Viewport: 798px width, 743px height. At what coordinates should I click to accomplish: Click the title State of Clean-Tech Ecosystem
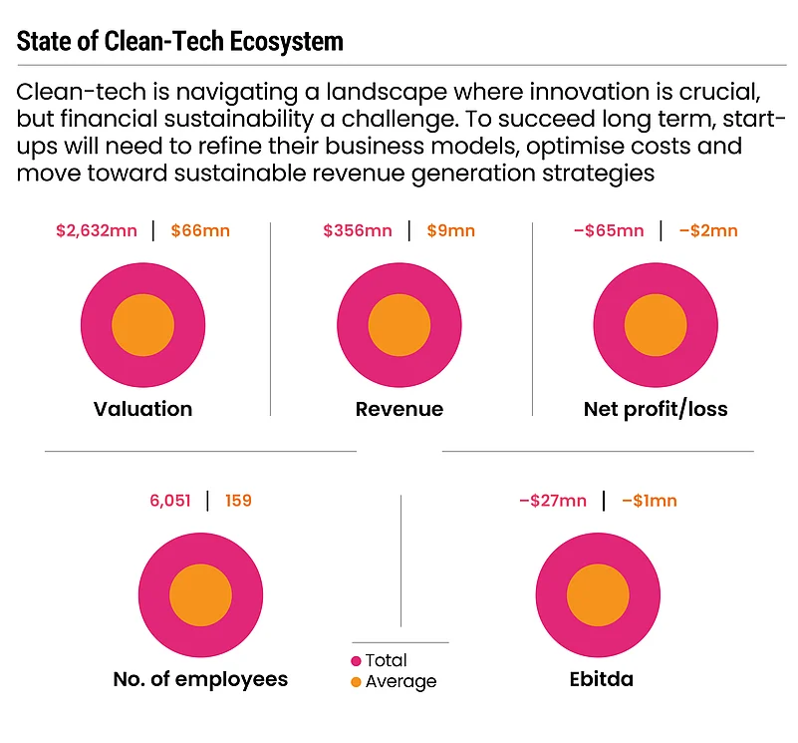click(180, 42)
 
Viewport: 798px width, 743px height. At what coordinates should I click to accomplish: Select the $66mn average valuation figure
click(200, 231)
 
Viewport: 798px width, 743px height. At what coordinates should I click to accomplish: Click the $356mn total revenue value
click(358, 231)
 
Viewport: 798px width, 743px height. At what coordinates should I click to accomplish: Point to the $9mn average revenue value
click(450, 231)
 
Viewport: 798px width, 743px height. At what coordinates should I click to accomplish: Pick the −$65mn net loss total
click(609, 231)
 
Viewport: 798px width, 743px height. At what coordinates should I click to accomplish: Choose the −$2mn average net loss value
click(708, 231)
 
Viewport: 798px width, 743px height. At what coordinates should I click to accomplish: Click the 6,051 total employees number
click(170, 501)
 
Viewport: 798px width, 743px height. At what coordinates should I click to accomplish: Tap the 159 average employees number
click(238, 501)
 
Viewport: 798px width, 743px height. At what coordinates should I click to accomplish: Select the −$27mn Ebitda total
click(553, 501)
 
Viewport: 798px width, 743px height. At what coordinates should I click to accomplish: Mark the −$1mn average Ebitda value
click(649, 501)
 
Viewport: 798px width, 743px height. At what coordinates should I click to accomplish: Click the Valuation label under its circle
click(142, 409)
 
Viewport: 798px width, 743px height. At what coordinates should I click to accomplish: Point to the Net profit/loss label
click(656, 409)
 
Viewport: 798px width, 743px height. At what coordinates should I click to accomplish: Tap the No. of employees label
click(200, 679)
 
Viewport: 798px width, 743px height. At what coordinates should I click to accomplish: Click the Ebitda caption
click(598, 679)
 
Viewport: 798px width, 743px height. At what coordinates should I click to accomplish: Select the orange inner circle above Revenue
click(399, 326)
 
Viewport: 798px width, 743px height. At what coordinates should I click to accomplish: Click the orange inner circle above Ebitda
click(598, 595)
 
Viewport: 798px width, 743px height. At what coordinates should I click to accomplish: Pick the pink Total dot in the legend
click(356, 661)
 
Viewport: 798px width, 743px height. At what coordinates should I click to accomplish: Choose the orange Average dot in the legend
click(356, 682)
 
